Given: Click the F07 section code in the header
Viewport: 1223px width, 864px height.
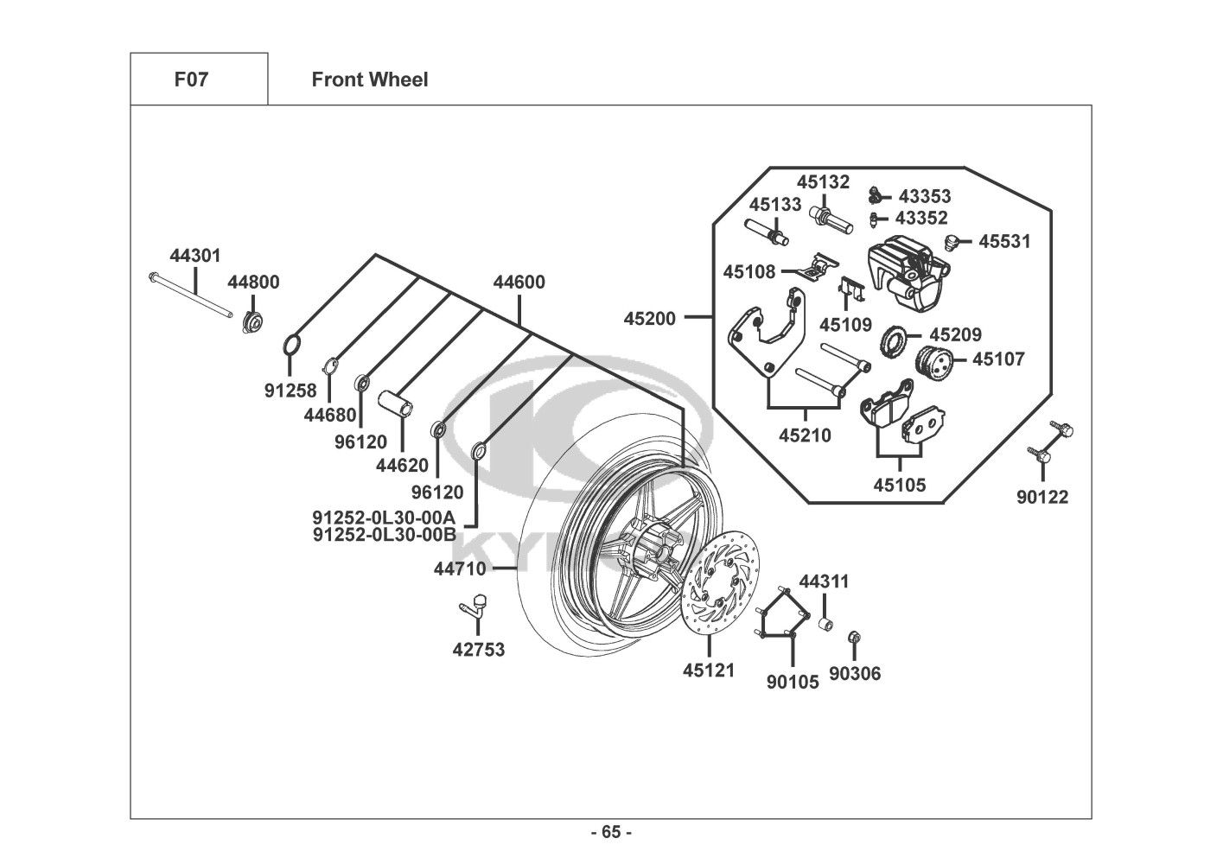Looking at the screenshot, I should pos(191,79).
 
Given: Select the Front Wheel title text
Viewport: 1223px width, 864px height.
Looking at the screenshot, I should pos(369,79).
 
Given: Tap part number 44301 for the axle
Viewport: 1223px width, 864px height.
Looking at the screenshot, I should pos(195,256).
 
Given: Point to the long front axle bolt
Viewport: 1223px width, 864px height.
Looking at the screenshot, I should pos(192,295).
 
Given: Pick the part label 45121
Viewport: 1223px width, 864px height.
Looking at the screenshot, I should pos(709,670).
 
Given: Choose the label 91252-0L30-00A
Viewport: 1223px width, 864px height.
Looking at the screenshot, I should pos(384,518).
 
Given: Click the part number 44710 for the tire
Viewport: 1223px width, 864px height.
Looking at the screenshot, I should pos(460,569).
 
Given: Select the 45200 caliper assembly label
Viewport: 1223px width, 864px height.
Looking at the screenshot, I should pos(650,318).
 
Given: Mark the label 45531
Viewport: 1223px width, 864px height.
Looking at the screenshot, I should pos(1004,242).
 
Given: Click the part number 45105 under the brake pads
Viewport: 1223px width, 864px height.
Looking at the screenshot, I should pos(899,486).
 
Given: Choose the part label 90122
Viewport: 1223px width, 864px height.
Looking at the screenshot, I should pos(1042,497).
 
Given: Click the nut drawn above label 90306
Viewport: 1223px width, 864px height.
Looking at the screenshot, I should pos(854,638).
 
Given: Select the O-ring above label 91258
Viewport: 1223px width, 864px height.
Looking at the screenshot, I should pos(292,346).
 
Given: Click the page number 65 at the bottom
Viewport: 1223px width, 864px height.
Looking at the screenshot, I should pos(611,832).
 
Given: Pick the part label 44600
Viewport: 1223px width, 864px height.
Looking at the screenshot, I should pos(519,283).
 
